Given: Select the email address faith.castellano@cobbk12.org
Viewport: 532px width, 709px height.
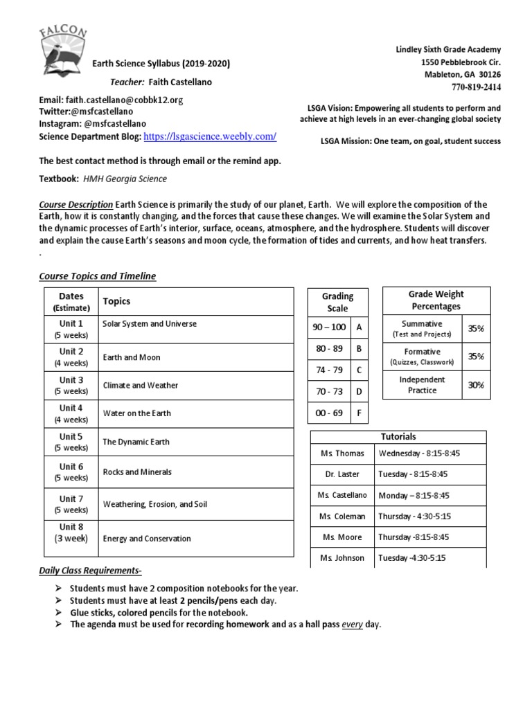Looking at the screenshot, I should tap(124, 100).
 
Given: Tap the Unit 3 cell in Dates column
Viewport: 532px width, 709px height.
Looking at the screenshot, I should tap(71, 385).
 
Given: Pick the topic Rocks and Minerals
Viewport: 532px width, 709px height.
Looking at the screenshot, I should tap(137, 472).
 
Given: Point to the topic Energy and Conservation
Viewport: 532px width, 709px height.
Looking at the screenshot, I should tap(147, 539).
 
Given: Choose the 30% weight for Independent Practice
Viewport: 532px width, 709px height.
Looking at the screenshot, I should tap(475, 385).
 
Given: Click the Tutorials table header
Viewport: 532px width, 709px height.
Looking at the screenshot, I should tap(398, 437).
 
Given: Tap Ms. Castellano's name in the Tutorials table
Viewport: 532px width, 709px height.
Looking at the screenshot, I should tap(342, 496).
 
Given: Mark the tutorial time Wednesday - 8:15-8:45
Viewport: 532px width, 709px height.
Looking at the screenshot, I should tap(419, 454).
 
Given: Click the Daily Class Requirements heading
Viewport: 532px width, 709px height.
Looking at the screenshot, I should tap(90, 571).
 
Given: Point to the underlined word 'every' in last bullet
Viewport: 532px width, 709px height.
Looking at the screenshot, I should tap(353, 625).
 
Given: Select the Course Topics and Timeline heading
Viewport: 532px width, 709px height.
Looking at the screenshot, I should tap(97, 276).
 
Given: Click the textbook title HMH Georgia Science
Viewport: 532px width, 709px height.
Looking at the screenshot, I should tap(125, 179).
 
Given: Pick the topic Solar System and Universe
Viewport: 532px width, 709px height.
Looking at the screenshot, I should tap(150, 324).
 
